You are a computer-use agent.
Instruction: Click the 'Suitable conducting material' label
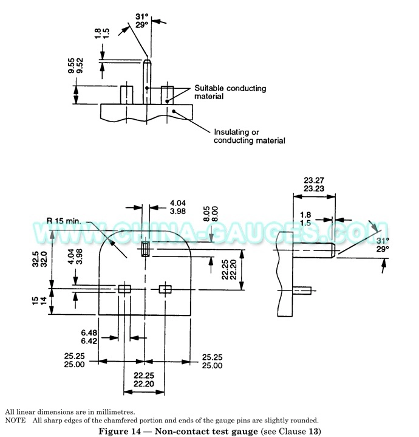[x=230, y=92]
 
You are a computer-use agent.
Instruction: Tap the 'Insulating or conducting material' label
[x=250, y=136]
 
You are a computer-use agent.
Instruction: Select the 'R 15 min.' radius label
[x=64, y=221]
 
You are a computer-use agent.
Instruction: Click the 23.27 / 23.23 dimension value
[x=314, y=184]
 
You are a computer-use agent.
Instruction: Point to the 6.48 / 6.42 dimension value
[x=89, y=337]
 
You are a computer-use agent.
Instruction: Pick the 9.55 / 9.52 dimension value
[x=75, y=66]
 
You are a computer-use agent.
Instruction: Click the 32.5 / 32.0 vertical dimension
[x=39, y=259]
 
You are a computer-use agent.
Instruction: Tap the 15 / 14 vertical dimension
[x=39, y=301]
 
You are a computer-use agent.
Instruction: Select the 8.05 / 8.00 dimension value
[x=211, y=214]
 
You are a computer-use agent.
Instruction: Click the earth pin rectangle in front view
[x=146, y=249]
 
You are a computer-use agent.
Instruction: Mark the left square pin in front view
[x=124, y=289]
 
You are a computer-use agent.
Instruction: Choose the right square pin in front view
[x=165, y=289]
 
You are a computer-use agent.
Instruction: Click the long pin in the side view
[x=314, y=250]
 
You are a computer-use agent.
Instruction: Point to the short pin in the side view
[x=302, y=291]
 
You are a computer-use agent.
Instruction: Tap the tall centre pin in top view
[x=147, y=81]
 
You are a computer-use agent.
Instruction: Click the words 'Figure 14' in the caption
[x=120, y=431]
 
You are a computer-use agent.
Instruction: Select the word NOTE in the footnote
[x=15, y=420]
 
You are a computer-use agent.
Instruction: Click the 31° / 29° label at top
[x=142, y=21]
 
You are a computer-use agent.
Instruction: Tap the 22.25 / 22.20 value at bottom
[x=144, y=380]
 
